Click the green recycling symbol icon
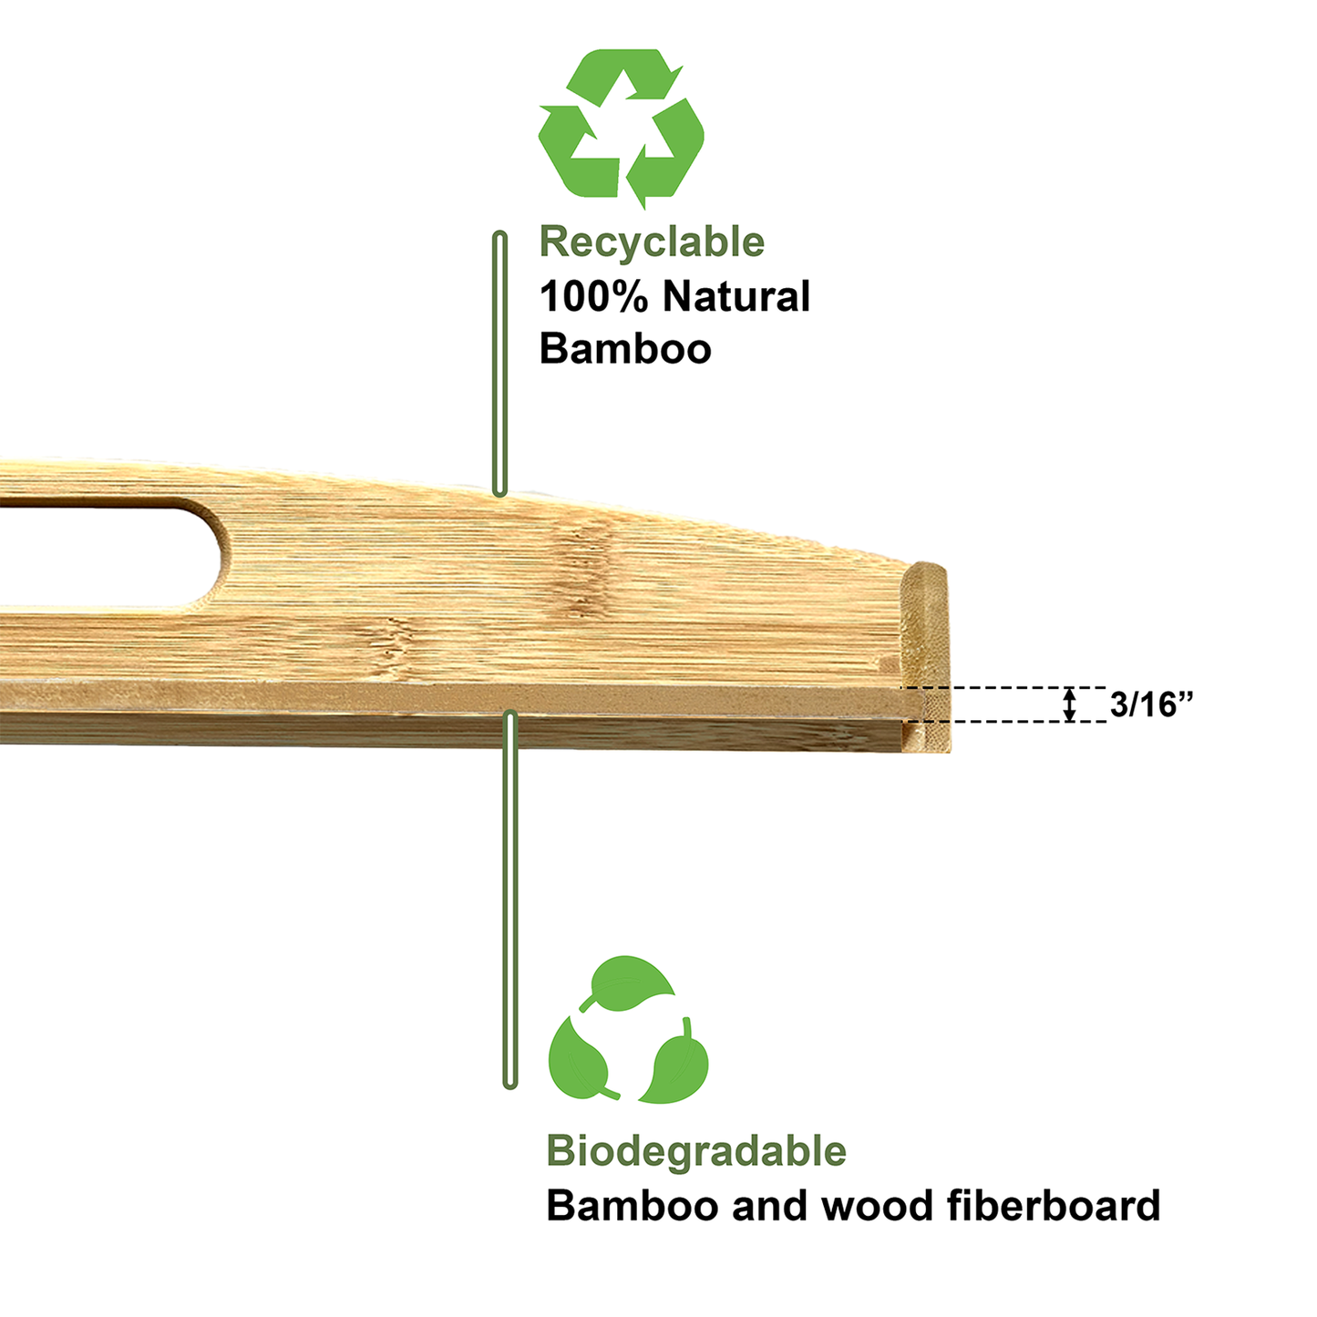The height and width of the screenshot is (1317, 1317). tap(621, 129)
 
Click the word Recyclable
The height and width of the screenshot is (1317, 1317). tap(652, 243)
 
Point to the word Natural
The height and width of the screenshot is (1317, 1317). tap(736, 296)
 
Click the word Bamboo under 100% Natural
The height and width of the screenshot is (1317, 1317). tap(625, 349)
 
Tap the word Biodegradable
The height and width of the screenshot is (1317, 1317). tap(696, 1151)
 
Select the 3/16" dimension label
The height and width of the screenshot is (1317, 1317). tap(1152, 704)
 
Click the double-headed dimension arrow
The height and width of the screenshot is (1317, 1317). tap(1070, 705)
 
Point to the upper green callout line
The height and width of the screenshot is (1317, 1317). tap(499, 364)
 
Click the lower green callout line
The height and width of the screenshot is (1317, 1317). tap(509, 900)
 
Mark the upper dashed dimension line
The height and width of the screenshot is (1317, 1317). tap(1003, 687)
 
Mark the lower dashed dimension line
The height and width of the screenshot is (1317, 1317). tap(1003, 721)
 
